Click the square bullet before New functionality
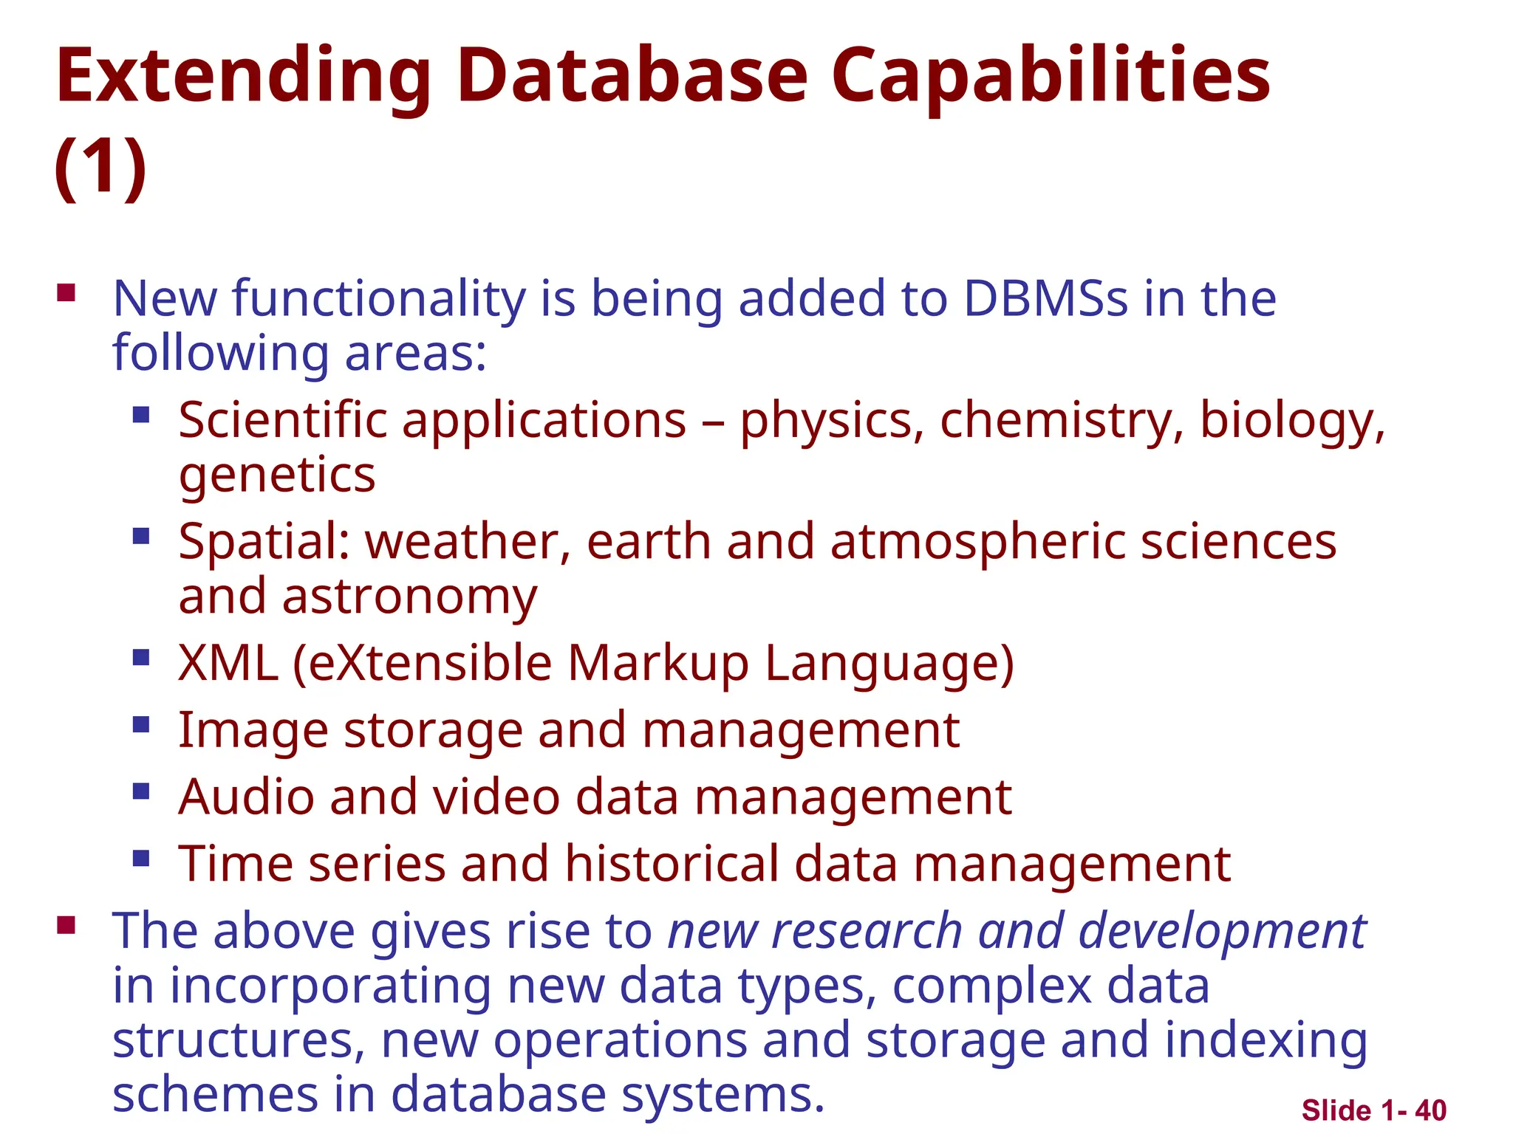click(x=66, y=293)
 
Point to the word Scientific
click(x=283, y=420)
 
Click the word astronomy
click(x=409, y=597)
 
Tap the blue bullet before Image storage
click(x=141, y=724)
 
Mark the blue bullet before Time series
click(x=141, y=858)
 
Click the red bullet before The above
click(x=66, y=925)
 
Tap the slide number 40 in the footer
click(x=1431, y=1110)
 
